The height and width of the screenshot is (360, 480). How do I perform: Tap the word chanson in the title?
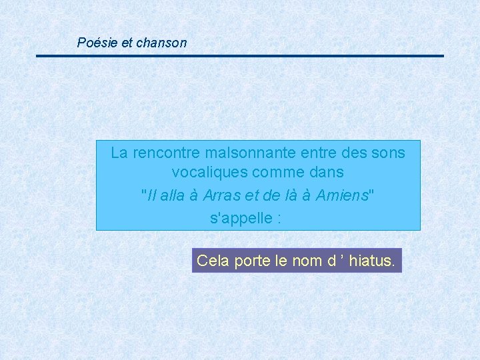tap(161, 43)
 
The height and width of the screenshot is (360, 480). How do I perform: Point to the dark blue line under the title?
tap(240, 56)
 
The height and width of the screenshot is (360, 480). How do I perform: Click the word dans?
tap(326, 172)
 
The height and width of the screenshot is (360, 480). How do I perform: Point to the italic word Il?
tap(150, 195)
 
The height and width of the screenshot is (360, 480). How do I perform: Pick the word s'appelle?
tap(239, 218)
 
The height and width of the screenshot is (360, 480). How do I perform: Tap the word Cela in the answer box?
tap(213, 261)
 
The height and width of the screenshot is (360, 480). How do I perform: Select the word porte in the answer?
tap(251, 261)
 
